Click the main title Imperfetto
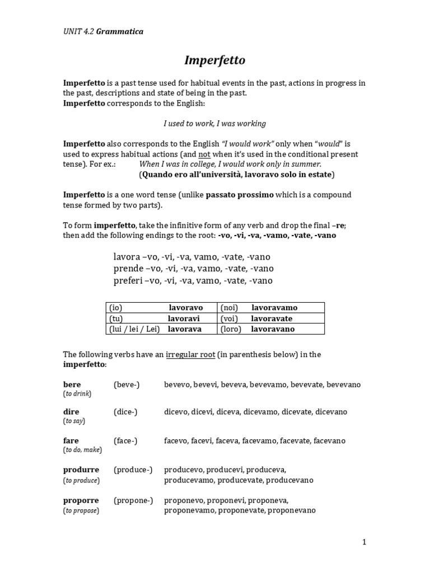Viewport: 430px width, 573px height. click(x=215, y=60)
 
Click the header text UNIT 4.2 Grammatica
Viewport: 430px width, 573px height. click(x=103, y=31)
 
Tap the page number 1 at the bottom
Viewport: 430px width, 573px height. click(x=364, y=542)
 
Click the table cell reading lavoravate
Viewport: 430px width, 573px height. click(x=271, y=318)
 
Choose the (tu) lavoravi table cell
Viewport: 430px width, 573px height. click(x=161, y=318)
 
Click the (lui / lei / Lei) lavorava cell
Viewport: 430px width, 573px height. click(x=161, y=329)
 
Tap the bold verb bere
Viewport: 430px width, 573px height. click(x=72, y=384)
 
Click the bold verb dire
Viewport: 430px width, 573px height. click(x=71, y=411)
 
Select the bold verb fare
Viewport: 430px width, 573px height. click(x=71, y=440)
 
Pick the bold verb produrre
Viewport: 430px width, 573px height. click(x=81, y=469)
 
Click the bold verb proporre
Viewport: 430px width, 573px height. click(x=81, y=500)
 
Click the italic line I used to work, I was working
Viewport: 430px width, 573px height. click(x=215, y=123)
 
